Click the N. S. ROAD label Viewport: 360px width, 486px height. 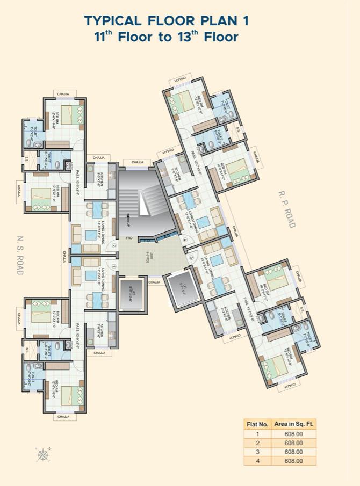coord(20,256)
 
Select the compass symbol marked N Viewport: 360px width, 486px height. coord(43,454)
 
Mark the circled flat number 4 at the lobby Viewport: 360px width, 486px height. coord(185,240)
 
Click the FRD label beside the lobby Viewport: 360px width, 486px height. coord(129,237)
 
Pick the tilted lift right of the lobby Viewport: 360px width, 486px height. coord(182,291)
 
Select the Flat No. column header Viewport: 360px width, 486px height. coord(257,424)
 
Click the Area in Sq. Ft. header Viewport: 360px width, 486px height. coord(293,424)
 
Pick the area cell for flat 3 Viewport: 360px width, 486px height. coord(293,452)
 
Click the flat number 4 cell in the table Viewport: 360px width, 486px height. coord(257,461)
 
